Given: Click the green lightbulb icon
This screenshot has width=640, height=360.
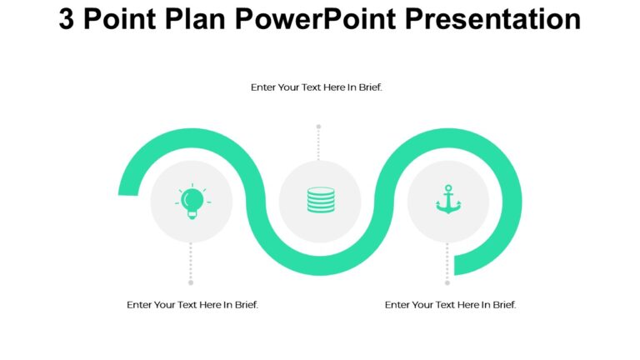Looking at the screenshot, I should (192, 201).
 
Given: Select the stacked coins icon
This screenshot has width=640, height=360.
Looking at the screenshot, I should (320, 201).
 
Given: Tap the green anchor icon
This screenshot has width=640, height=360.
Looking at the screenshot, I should (448, 200).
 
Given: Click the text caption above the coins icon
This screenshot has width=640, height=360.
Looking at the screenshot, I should (317, 87).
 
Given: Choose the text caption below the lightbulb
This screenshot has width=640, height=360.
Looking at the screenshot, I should (192, 305).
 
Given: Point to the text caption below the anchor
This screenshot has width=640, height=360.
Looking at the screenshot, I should (451, 305).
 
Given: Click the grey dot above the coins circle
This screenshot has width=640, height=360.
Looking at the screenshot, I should (318, 127).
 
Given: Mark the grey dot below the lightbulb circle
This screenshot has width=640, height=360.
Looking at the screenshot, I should (191, 282).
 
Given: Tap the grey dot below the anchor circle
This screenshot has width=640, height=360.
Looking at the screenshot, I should (447, 282).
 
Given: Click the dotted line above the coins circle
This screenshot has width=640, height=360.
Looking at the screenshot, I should (318, 144).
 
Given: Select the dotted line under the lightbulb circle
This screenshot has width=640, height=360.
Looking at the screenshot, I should (191, 262).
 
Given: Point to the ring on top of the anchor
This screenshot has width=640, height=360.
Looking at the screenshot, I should (448, 188).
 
